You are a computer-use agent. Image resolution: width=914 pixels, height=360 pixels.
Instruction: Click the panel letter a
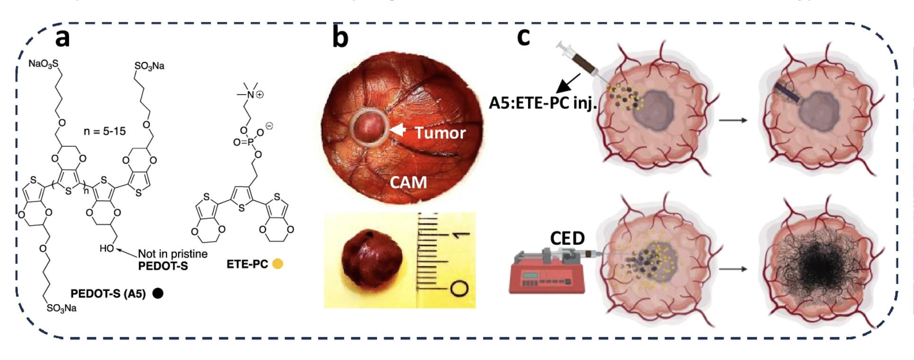(x=63, y=38)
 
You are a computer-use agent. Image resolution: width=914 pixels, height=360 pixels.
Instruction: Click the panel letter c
(x=523, y=36)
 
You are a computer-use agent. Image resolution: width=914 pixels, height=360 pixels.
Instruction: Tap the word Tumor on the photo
(x=440, y=133)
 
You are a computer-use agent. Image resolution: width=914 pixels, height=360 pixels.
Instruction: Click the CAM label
(x=408, y=182)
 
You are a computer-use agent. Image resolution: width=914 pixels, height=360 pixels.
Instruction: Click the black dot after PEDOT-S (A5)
(x=158, y=294)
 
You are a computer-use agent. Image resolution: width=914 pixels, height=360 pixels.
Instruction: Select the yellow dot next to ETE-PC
(x=278, y=264)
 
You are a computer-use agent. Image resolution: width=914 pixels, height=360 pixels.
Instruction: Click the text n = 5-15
(x=105, y=131)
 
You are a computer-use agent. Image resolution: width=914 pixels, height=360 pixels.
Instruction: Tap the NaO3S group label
(x=44, y=63)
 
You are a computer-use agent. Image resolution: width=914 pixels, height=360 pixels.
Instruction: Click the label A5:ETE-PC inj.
(x=542, y=103)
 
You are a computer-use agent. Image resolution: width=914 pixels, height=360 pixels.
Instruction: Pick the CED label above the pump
(x=567, y=239)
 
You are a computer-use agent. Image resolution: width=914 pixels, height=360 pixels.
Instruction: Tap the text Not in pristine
(x=173, y=254)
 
